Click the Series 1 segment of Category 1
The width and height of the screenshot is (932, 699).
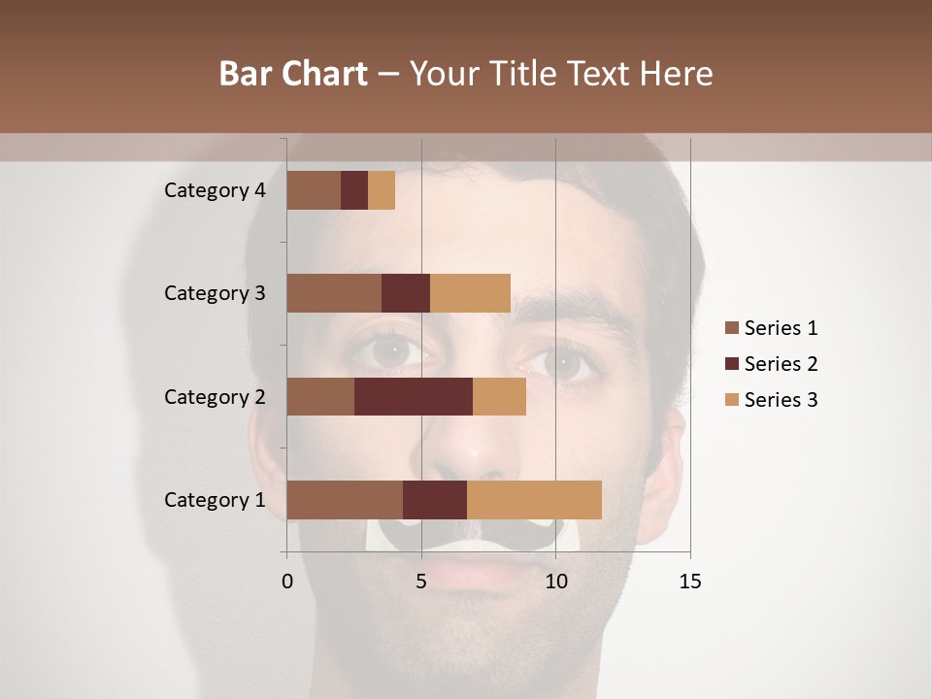(345, 500)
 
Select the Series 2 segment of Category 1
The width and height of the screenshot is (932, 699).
(435, 500)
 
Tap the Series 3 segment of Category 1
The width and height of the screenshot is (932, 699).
(534, 500)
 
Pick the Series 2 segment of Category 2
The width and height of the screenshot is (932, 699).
(414, 396)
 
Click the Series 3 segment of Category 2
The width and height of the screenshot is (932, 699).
(499, 396)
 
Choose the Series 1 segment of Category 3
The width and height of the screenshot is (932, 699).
(334, 293)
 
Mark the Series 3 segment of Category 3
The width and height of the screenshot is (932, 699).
(470, 293)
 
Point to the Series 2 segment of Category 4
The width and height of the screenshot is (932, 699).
(354, 190)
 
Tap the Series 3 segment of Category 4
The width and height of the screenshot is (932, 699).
(382, 190)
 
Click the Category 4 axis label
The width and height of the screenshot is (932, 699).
(215, 190)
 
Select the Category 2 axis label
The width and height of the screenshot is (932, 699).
(215, 396)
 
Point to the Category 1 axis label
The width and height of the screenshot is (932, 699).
(215, 500)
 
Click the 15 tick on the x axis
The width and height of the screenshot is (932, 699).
(689, 582)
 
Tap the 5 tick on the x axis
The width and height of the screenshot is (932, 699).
(421, 582)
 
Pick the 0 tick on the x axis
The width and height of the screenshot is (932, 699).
(287, 582)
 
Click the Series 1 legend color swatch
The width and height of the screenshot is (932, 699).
(731, 328)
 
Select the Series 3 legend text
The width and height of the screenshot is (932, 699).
(781, 400)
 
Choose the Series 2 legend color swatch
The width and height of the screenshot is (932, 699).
(731, 364)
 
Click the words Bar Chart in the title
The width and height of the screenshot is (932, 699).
(293, 74)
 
